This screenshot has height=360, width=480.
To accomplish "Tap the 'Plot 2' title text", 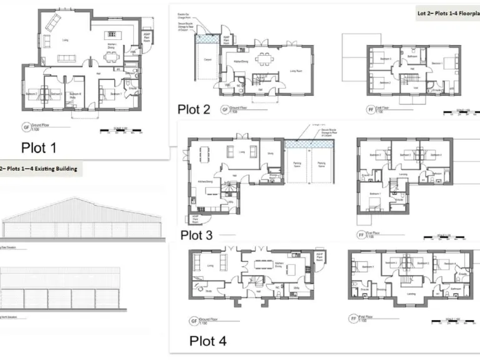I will [194, 109].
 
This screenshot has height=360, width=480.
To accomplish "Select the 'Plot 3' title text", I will [196, 235].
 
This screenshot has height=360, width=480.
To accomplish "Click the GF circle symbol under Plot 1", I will [26, 126].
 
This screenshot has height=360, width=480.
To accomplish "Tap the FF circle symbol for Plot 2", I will [369, 109].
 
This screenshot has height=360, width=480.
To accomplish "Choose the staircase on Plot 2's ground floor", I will [259, 79].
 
